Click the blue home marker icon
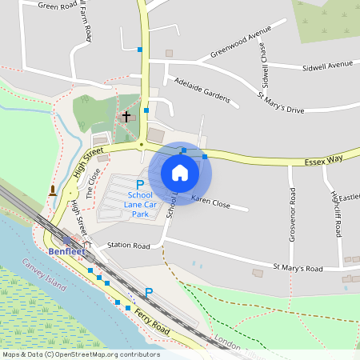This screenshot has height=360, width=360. click(x=180, y=173)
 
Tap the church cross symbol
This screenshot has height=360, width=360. click(x=126, y=118)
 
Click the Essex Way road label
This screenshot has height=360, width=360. click(x=323, y=160)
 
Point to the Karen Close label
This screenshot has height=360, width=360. click(x=210, y=202)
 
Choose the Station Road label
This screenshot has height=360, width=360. click(x=129, y=246)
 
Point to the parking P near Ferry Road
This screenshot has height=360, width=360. click(x=148, y=294)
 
